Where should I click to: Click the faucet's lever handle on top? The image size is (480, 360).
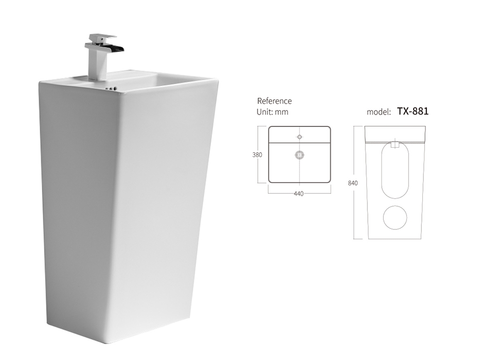[x=102, y=38]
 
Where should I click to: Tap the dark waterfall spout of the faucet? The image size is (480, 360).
[x=115, y=48]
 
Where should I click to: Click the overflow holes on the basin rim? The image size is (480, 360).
[x=111, y=89]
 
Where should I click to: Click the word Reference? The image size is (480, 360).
[x=274, y=101]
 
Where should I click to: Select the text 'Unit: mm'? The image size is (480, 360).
[x=273, y=112]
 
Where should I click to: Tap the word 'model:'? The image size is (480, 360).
[x=379, y=112]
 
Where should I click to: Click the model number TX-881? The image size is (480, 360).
[x=413, y=111]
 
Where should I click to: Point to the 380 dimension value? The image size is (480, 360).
[x=257, y=155]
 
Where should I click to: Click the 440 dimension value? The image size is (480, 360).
[x=298, y=194]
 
